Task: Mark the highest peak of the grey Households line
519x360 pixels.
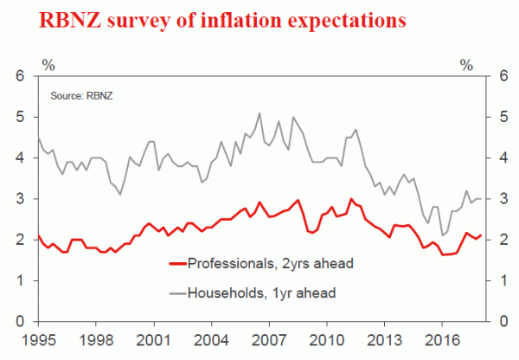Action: [260, 112]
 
